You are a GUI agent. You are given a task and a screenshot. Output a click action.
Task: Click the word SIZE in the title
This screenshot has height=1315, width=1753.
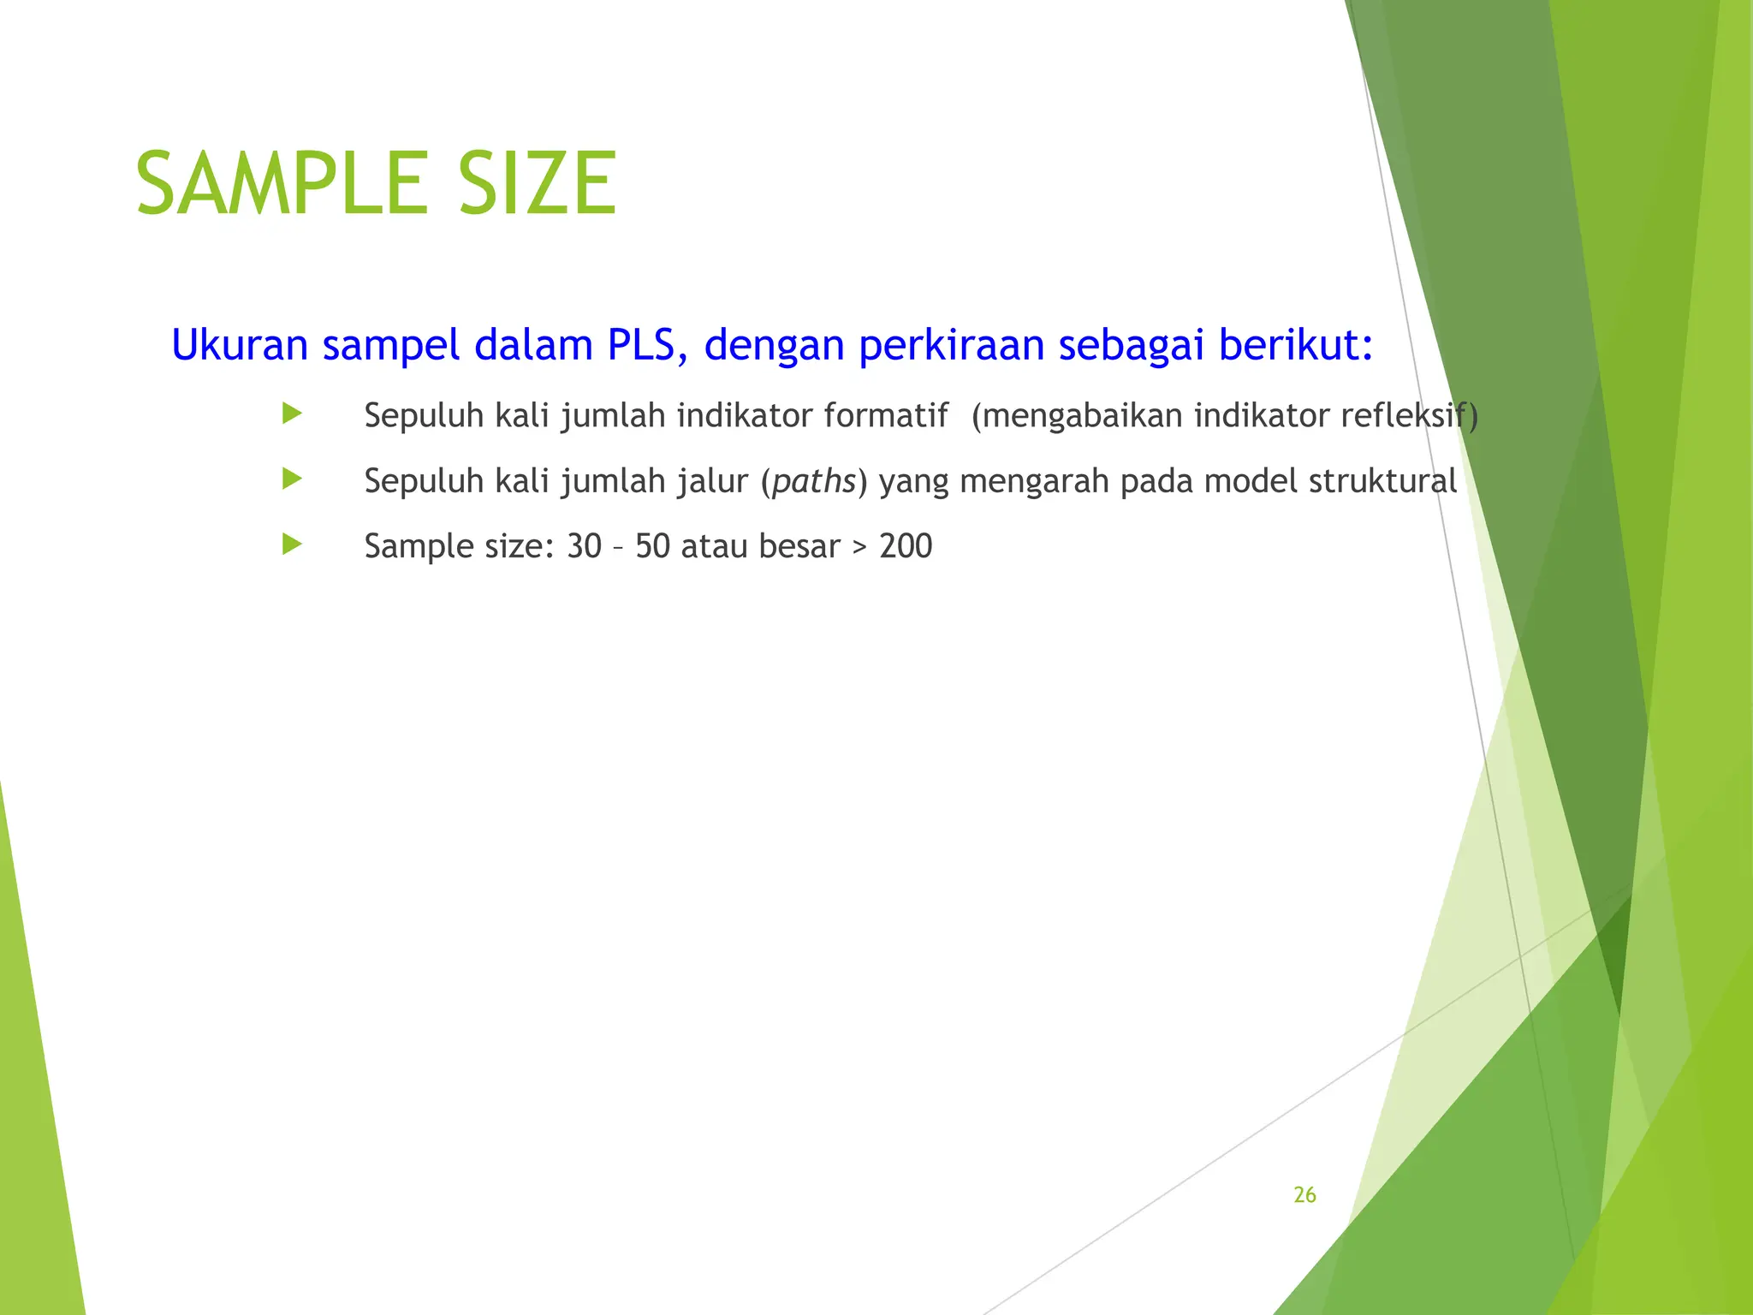(x=537, y=183)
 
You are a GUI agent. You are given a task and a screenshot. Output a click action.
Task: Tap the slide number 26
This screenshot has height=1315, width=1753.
(x=1304, y=1195)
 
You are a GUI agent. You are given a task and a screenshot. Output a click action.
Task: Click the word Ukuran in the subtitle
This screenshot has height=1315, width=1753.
(x=240, y=345)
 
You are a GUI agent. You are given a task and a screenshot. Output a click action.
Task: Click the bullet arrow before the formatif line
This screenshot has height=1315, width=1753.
(x=292, y=414)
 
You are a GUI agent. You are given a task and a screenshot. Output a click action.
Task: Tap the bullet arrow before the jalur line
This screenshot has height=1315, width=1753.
(x=292, y=479)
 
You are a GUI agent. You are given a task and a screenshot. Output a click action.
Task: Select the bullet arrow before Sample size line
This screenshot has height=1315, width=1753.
(x=292, y=544)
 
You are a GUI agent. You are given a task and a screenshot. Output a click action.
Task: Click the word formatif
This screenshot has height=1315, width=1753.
(x=885, y=416)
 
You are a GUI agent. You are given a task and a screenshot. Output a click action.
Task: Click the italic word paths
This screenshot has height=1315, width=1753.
(x=814, y=482)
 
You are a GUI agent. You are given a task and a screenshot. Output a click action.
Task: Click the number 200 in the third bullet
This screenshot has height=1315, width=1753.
(x=906, y=546)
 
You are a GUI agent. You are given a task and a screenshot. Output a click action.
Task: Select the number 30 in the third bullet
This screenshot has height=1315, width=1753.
(x=585, y=546)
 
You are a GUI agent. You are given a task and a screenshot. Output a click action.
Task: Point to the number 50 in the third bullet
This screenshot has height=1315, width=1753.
(x=652, y=546)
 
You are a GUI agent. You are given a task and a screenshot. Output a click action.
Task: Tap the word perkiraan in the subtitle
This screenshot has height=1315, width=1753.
(x=951, y=345)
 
